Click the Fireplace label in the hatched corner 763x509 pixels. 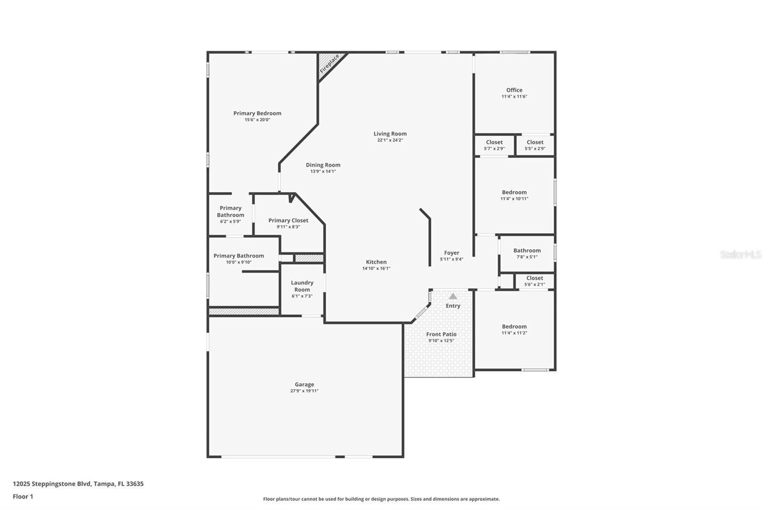[330, 64]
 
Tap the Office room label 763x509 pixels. [514, 90]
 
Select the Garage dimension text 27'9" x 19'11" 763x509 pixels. [304, 391]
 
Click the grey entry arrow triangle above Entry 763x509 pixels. [453, 296]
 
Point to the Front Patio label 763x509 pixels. [441, 334]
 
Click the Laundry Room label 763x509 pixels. [302, 286]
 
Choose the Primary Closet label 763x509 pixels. [288, 220]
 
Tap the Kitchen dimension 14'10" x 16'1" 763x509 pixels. [376, 268]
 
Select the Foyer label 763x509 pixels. [452, 253]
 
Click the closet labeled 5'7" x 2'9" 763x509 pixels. [494, 145]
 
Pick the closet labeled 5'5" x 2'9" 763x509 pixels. [535, 145]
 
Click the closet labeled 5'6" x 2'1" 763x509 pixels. [534, 281]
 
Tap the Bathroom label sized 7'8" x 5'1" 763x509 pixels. [527, 250]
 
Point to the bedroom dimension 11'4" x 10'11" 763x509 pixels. [514, 199]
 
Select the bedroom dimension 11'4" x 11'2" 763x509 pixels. [514, 333]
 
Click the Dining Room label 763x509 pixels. [323, 165]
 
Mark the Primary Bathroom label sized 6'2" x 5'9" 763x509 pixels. [230, 212]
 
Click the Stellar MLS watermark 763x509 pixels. [740, 254]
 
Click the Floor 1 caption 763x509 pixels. [23, 497]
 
